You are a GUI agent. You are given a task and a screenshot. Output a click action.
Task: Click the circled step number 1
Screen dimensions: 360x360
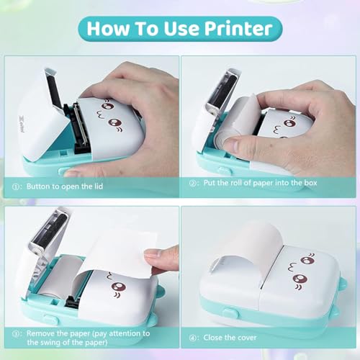coord(15,186)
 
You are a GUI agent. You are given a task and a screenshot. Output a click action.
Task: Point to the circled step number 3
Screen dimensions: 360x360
coord(15,334)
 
